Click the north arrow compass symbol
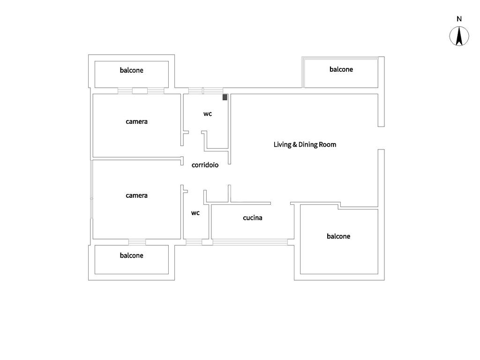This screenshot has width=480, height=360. tap(459, 37)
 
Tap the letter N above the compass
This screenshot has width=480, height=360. tap(459, 19)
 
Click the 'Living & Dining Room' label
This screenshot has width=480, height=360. tap(305, 144)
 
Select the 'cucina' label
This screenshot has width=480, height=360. tap(252, 217)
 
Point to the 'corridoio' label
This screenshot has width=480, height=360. tap(205, 165)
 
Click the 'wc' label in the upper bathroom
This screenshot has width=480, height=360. tap(208, 113)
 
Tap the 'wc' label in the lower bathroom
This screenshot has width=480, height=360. tap(195, 213)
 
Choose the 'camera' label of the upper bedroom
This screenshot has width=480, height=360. tap(136, 121)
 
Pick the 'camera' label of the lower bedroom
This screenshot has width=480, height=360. tap(136, 195)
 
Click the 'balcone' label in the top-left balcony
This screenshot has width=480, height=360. tap(131, 70)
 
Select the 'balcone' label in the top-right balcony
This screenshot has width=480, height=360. tap(341, 69)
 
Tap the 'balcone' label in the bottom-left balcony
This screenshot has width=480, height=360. tap(131, 255)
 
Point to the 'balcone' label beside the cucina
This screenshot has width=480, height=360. tap(338, 236)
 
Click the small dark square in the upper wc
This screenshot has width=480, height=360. tap(225, 97)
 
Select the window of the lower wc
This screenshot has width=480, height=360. tap(194, 242)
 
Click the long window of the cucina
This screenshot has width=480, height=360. tap(250, 242)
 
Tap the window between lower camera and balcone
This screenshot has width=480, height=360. tap(137, 242)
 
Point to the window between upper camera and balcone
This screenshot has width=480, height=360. tap(140, 90)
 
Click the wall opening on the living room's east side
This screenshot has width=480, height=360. tap(381, 138)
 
